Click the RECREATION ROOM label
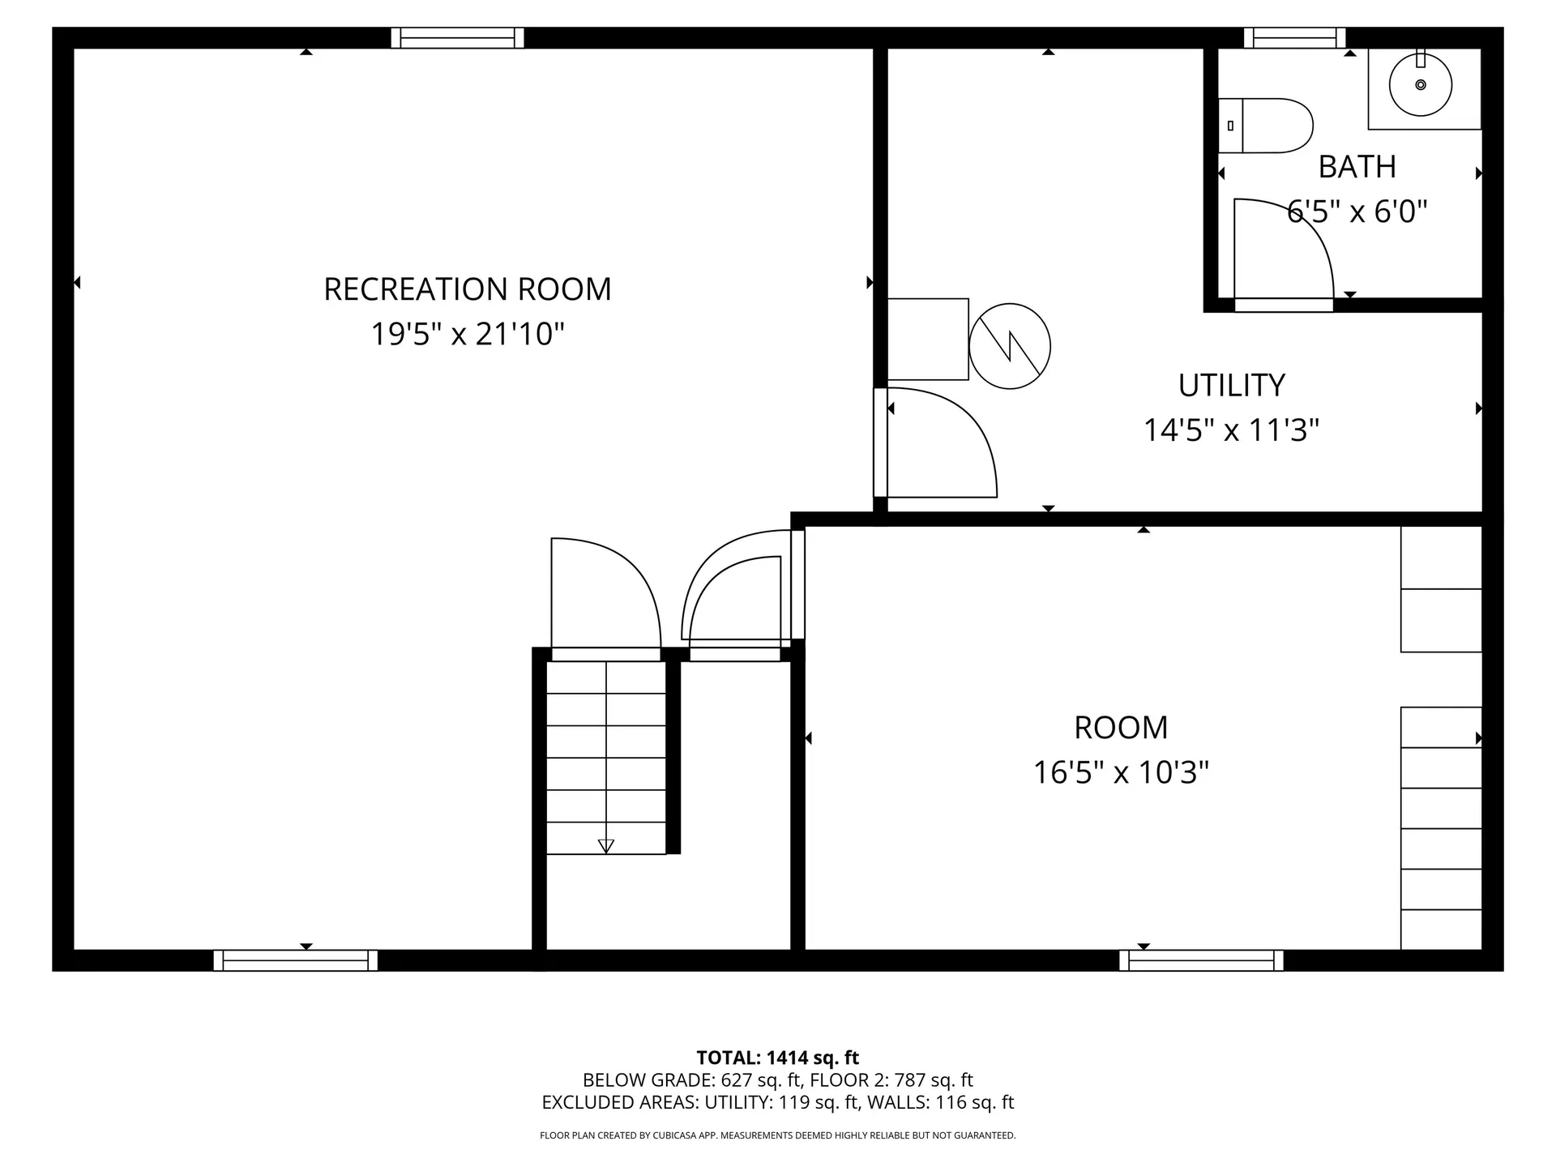click(468, 289)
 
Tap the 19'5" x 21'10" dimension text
click(468, 334)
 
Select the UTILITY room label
click(1231, 386)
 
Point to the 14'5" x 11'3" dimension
click(1231, 430)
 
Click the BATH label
click(1357, 167)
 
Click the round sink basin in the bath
click(1420, 84)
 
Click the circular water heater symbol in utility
click(1010, 346)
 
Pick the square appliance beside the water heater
click(928, 339)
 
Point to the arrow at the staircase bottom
click(605, 845)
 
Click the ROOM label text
click(1121, 728)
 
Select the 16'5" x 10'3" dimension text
click(1121, 772)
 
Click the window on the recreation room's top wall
click(458, 38)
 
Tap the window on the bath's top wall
click(1294, 38)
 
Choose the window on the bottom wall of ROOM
click(1201, 960)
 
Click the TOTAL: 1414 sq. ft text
click(777, 1058)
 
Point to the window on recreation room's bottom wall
click(296, 960)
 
